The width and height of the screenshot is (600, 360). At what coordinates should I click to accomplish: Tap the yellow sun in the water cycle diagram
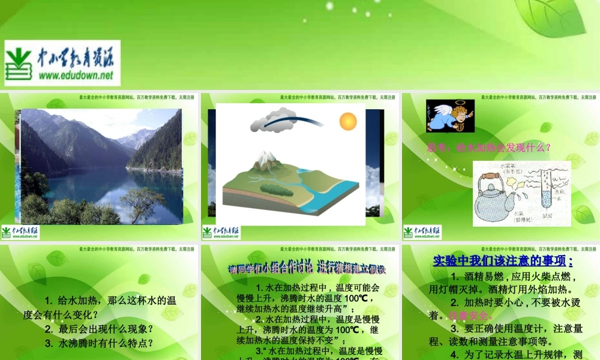348,122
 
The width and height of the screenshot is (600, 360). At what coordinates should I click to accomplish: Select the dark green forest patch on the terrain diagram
277,188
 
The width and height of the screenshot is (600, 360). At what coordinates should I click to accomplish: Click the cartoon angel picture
450,116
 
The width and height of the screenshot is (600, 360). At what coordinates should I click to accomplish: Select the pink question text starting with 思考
488,147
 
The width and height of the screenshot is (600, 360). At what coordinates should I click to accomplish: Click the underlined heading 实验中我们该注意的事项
502,260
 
